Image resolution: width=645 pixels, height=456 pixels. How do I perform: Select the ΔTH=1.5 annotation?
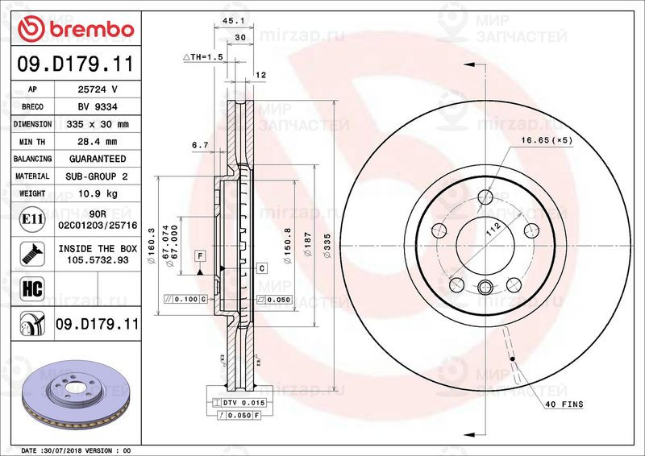202,57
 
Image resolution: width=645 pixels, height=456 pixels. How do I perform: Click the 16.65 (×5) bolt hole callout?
547,139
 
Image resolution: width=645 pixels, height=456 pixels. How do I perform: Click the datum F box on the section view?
198,255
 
